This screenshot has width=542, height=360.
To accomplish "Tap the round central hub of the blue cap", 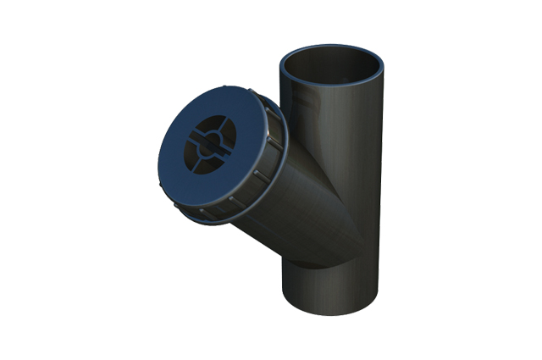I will point(204,144).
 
